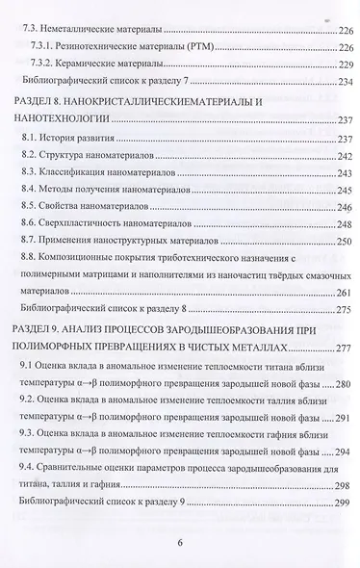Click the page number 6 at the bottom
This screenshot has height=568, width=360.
(x=180, y=540)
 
